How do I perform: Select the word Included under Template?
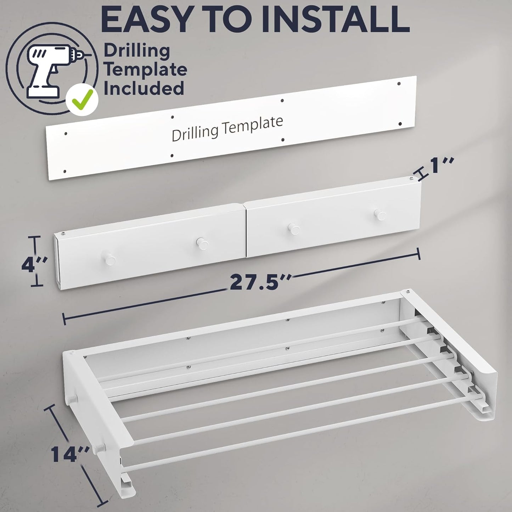point(144,89)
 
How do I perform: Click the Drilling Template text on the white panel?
point(227,128)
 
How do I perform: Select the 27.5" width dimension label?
point(260,282)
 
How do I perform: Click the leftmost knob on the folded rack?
point(109,259)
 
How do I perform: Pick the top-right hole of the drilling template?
point(399,84)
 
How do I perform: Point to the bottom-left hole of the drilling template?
point(65,171)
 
